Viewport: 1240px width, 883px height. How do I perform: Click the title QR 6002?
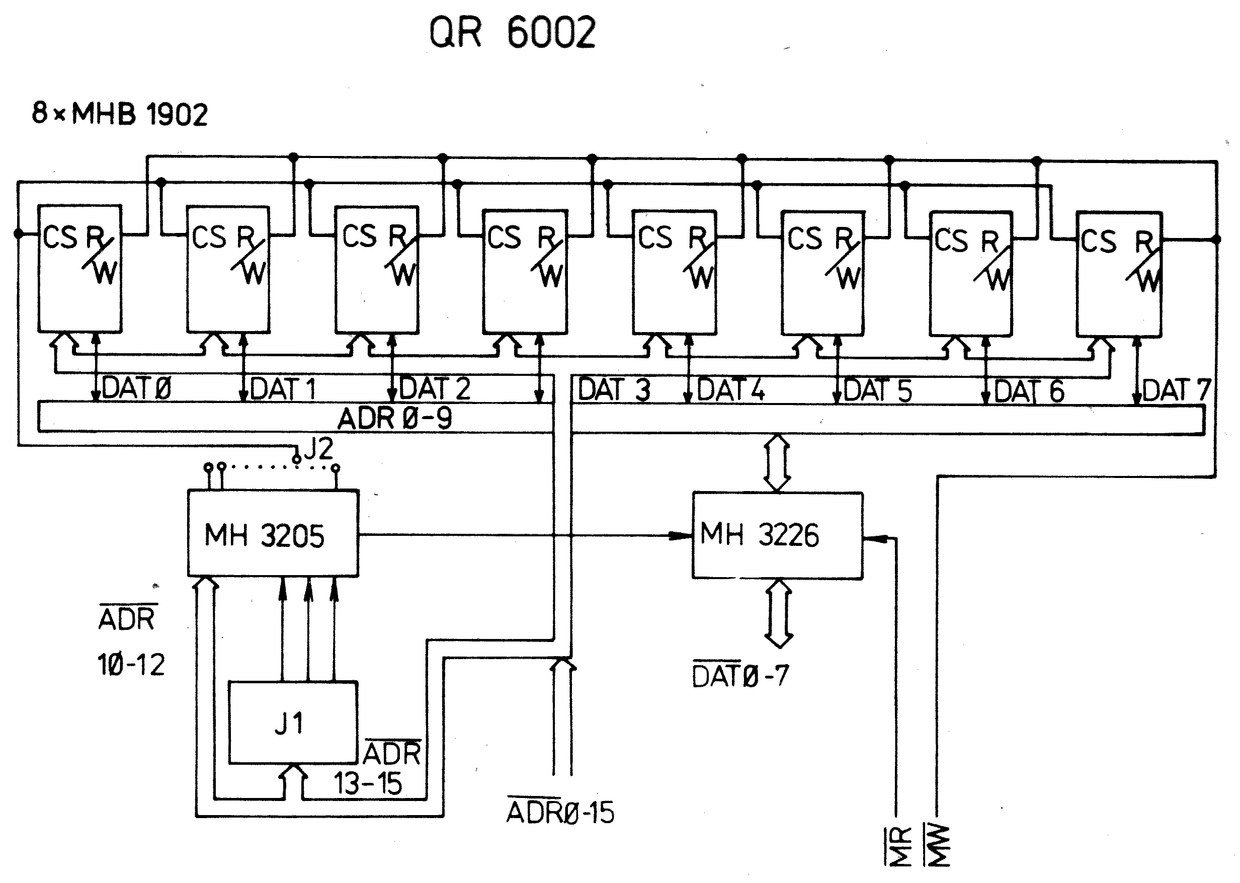tap(512, 33)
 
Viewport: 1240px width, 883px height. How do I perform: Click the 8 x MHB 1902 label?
tap(120, 114)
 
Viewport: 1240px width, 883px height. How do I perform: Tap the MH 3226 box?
tap(777, 535)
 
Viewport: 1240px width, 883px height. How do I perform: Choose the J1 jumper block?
tap(292, 723)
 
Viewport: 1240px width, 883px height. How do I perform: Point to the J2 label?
tap(318, 449)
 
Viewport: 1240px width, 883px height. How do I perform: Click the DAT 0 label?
tap(136, 388)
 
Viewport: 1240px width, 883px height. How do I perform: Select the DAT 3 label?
tap(614, 390)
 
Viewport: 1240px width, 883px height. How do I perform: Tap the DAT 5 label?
tap(877, 390)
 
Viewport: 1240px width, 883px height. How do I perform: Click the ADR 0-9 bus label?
tap(395, 418)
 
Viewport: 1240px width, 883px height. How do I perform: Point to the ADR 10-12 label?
tap(130, 642)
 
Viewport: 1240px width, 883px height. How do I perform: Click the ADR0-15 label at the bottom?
tap(560, 813)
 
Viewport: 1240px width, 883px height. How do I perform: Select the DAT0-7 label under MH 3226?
tap(740, 676)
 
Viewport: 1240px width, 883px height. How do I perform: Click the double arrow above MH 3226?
tap(777, 463)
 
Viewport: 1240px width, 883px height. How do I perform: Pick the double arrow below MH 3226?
tap(779, 614)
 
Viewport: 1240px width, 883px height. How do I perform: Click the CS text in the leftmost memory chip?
tap(60, 237)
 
